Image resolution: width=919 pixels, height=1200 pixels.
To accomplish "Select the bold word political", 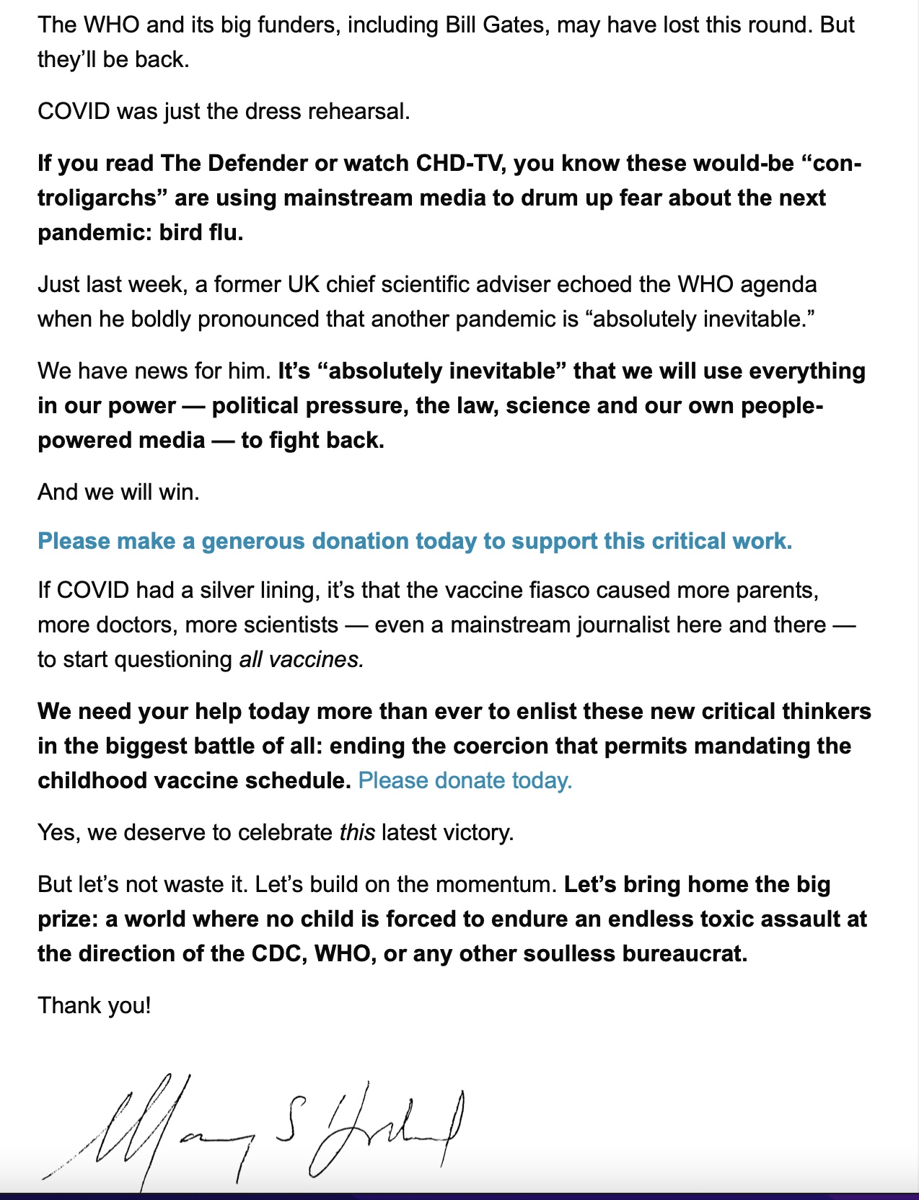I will point(255,406).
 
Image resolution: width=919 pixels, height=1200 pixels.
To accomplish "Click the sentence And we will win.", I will point(118,493).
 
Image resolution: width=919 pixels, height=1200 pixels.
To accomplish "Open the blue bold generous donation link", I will point(415,541).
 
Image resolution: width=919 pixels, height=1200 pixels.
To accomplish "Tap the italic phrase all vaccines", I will point(302,660).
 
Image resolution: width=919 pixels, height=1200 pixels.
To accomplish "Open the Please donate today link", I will point(465,781).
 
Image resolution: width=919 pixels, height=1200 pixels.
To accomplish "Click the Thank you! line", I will point(94,1006).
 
